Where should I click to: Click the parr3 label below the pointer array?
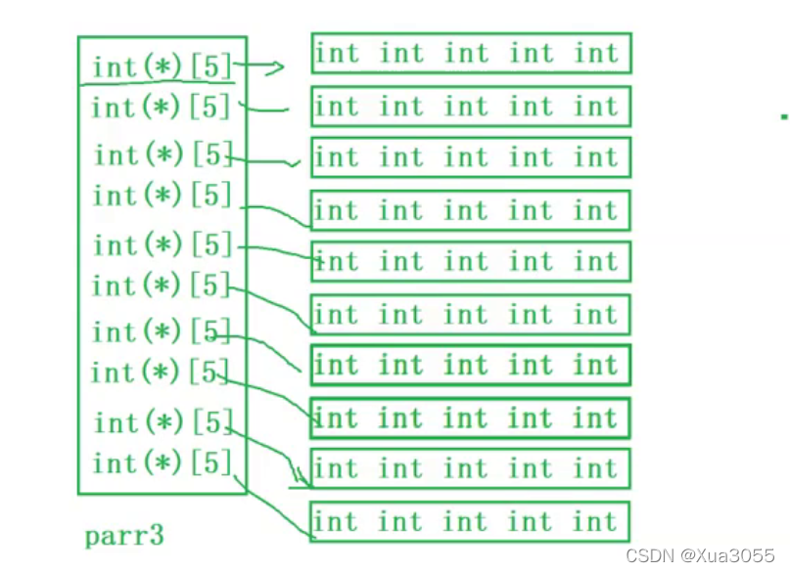point(123,536)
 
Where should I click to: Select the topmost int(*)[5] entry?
point(162,67)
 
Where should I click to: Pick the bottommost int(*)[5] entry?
point(162,462)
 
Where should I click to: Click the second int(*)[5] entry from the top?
point(162,106)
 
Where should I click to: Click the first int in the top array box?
point(337,53)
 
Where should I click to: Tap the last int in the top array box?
point(596,53)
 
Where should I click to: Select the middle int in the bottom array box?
point(466,521)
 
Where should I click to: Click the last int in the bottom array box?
point(596,521)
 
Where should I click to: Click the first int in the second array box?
point(337,106)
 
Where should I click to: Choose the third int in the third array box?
point(466,156)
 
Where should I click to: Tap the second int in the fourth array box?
point(401,210)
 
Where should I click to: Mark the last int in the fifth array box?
point(596,261)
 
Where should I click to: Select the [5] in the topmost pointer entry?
point(210,67)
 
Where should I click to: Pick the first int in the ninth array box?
point(337,468)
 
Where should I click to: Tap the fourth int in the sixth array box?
point(532,314)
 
